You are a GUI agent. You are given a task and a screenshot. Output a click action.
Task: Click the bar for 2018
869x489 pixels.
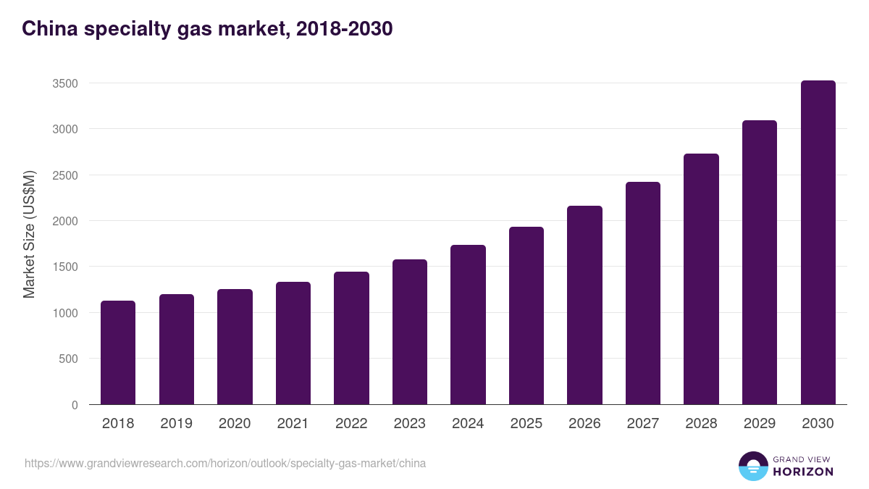pos(118,353)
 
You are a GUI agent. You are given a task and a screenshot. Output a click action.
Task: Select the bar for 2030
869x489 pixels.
pos(818,243)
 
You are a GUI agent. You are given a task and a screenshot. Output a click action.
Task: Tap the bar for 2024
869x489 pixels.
pos(468,325)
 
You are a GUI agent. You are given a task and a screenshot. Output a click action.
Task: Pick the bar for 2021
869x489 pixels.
pos(293,343)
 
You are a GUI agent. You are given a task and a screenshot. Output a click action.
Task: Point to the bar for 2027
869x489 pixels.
pos(643,293)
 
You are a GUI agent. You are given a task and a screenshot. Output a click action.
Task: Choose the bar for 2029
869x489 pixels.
pos(760,262)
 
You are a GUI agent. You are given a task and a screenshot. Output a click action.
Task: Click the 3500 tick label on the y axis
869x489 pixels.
pos(65,83)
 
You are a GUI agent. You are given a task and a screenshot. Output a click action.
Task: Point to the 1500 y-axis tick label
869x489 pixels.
pos(65,267)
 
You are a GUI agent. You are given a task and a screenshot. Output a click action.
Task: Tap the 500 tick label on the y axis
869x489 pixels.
pos(68,359)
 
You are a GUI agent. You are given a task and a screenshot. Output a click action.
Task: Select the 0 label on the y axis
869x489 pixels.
pos(75,405)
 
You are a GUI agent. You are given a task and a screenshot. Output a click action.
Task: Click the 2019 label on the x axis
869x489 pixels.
pos(176,424)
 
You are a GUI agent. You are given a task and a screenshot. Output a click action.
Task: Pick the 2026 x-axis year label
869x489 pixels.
pos(584,424)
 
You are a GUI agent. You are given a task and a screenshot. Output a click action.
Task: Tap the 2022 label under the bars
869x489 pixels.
pos(351,424)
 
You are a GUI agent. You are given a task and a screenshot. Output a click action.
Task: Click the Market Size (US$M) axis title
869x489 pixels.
pos(29,234)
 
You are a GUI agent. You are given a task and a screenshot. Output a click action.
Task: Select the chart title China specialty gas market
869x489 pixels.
pos(207,29)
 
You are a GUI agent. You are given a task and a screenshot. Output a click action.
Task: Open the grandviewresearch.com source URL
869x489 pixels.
pos(225,463)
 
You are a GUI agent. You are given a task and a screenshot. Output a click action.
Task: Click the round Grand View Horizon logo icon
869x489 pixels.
pos(753,466)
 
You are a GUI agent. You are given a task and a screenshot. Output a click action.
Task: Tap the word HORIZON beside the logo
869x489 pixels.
pos(803,472)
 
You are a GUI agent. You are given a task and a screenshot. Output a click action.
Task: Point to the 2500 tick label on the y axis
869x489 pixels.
pos(65,175)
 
